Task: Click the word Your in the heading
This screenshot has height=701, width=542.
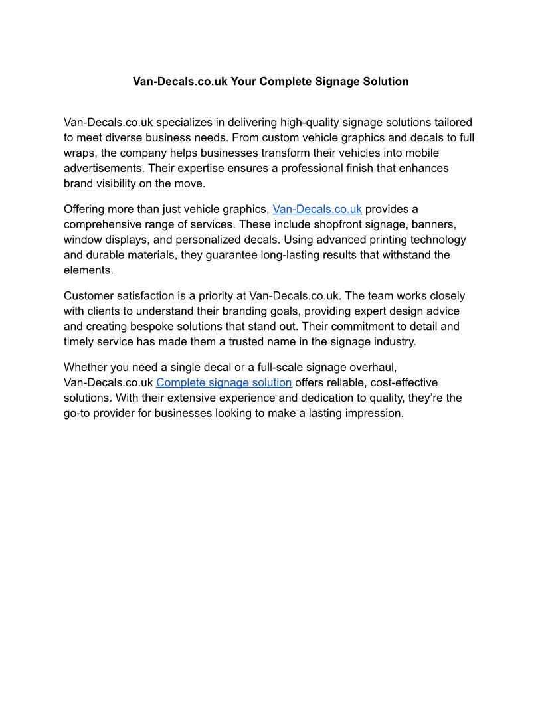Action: (x=244, y=82)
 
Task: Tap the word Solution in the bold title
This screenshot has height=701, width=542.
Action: (x=385, y=82)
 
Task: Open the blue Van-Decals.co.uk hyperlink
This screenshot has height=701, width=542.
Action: (x=317, y=209)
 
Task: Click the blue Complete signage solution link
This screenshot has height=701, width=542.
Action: (x=224, y=382)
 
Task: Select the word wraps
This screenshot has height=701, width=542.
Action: (x=80, y=153)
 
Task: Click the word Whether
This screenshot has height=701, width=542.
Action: (x=87, y=367)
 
